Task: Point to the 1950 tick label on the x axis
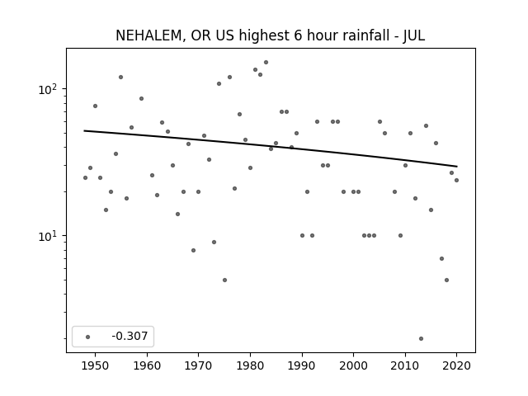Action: [95, 365]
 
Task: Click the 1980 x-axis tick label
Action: [250, 365]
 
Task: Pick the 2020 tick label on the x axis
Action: [456, 365]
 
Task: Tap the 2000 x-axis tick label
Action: [353, 365]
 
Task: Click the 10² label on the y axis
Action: [49, 90]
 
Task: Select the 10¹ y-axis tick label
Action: [49, 236]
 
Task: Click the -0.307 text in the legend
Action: [130, 336]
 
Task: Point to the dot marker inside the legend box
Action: [88, 337]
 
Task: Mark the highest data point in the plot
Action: [266, 63]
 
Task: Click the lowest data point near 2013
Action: [421, 339]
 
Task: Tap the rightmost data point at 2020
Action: [456, 180]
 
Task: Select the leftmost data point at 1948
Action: [85, 178]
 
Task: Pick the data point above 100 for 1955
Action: [121, 77]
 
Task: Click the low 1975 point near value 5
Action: [224, 280]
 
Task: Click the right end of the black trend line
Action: [457, 167]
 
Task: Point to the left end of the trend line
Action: [84, 130]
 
